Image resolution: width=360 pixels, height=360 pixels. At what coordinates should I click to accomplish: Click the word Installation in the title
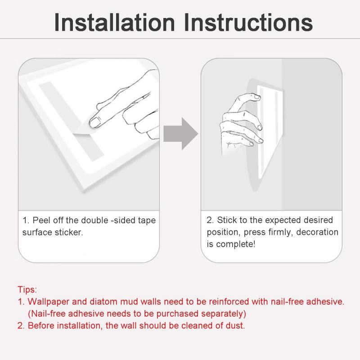(x=114, y=22)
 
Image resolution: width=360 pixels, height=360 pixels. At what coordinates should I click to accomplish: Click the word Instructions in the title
(x=248, y=22)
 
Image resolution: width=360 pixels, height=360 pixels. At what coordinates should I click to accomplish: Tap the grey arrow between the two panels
(x=180, y=134)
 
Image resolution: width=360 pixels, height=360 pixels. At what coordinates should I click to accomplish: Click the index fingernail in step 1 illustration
(x=95, y=121)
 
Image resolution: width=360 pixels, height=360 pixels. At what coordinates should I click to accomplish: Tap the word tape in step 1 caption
(x=147, y=220)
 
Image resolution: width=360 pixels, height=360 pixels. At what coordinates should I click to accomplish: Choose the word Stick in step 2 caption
(x=227, y=220)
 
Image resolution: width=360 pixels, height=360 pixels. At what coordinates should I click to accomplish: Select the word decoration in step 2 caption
(x=317, y=232)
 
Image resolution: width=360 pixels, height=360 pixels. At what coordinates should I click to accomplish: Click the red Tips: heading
(x=27, y=289)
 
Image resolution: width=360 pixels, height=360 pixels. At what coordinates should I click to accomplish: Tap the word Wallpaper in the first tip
(x=49, y=301)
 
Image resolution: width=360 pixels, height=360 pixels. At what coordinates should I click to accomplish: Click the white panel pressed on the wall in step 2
(x=270, y=131)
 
